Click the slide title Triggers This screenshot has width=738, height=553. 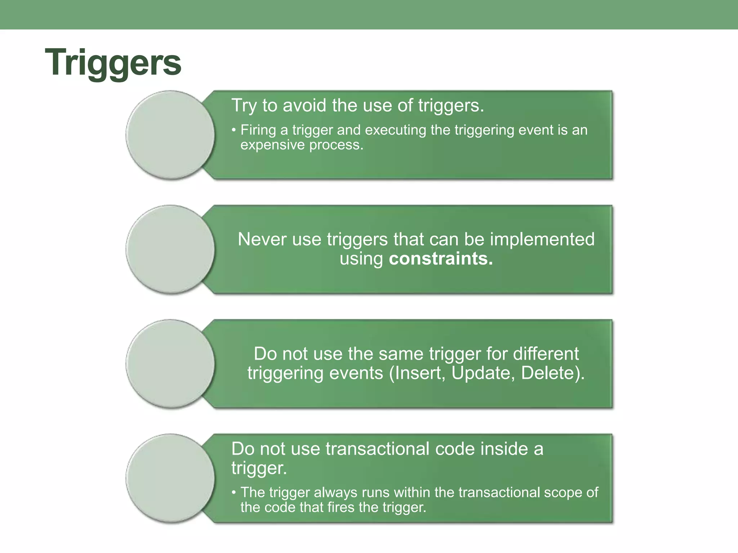click(113, 63)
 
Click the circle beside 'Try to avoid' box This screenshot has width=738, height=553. click(170, 135)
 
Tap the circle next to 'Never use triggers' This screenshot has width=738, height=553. click(170, 249)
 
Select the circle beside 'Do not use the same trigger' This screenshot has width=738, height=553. click(170, 364)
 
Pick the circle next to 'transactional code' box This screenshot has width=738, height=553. click(170, 478)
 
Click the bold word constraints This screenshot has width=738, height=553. click(441, 259)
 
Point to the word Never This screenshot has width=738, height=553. click(262, 239)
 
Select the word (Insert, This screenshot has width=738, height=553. click(417, 373)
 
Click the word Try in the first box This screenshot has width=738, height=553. click(244, 105)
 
